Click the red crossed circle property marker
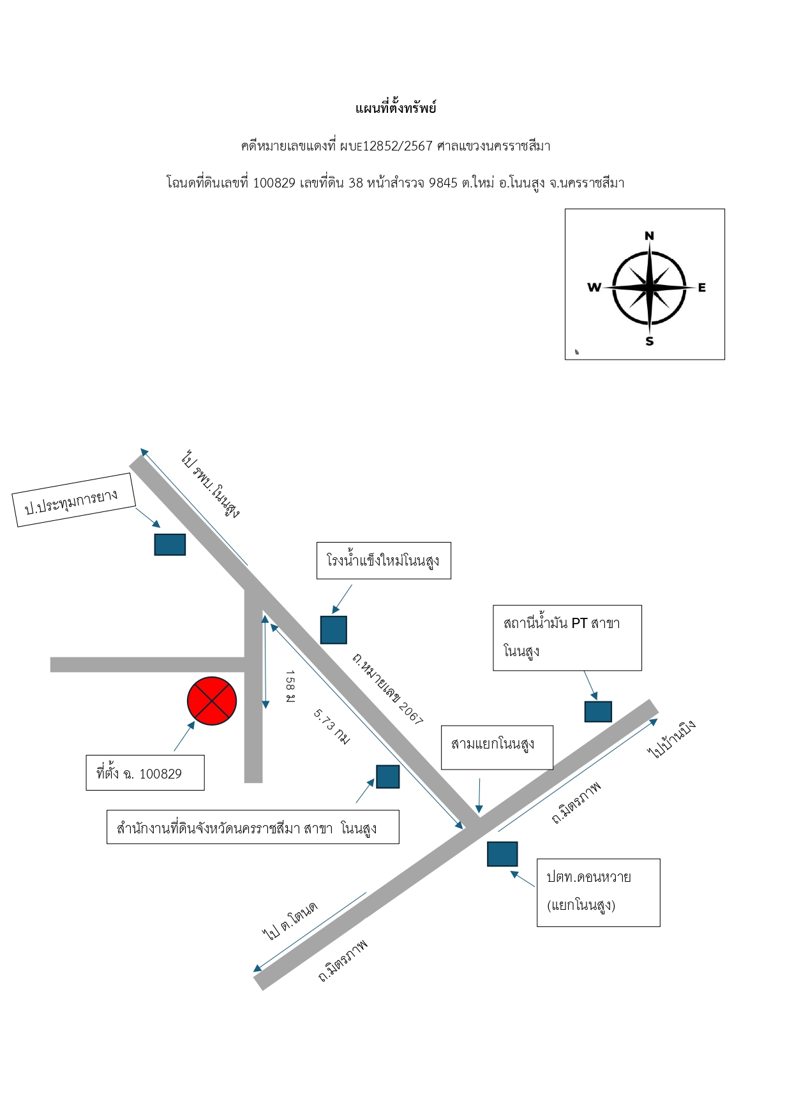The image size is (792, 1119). point(212,701)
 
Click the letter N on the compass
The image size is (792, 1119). point(649,236)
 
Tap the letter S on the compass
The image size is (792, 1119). point(650,341)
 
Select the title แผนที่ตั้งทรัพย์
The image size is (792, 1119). point(396,108)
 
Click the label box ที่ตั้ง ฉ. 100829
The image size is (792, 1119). point(146,773)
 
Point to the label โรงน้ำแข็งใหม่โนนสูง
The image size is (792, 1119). point(384,560)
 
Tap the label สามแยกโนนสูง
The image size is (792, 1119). point(497,747)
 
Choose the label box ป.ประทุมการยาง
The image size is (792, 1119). point(75,500)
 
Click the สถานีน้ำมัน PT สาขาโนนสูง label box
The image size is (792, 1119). point(567,638)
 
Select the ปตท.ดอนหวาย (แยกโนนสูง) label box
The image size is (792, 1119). point(599,892)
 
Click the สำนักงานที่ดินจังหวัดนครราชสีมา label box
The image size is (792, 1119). point(253,827)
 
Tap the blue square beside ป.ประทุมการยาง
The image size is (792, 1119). point(170,545)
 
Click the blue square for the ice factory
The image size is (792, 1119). point(334,630)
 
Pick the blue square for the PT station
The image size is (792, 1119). point(598,712)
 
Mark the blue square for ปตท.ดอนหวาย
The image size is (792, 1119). point(502,854)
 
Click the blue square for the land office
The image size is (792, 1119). point(388,777)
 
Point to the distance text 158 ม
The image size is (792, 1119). point(290,687)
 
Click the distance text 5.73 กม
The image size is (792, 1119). point(332,727)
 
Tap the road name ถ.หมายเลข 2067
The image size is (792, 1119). point(387,689)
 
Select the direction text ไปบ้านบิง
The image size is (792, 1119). point(671,740)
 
